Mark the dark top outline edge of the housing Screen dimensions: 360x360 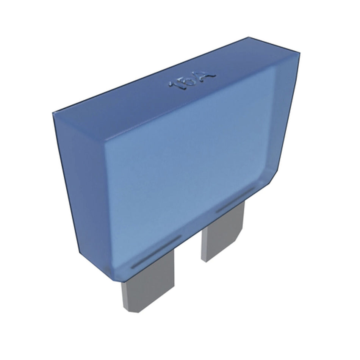[152, 74]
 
